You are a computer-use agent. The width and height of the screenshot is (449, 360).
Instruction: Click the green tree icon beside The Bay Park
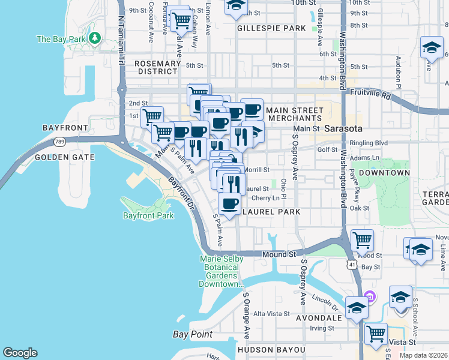[94, 38]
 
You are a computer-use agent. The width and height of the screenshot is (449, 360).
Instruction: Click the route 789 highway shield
[59, 142]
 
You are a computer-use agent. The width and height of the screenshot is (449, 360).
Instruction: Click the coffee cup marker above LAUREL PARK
[229, 204]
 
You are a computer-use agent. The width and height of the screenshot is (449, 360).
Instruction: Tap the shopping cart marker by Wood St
[362, 240]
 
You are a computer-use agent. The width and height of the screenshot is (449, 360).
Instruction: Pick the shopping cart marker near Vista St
[376, 333]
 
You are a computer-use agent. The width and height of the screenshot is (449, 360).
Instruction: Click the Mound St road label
[280, 254]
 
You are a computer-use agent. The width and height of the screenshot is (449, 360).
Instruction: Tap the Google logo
[20, 353]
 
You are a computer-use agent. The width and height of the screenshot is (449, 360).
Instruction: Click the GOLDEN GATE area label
[65, 157]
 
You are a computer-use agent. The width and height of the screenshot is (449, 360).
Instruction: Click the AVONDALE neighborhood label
[316, 317]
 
